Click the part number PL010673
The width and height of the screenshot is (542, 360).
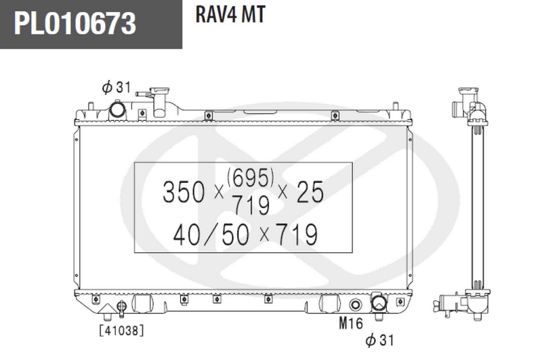coord(75,25)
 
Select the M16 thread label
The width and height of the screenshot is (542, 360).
coord(351,323)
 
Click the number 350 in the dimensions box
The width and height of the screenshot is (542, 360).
coord(184,193)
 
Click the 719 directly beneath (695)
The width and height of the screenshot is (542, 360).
coord(251,203)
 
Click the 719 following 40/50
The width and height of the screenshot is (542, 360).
coord(293,235)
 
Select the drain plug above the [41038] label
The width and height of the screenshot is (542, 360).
coord(122,308)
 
